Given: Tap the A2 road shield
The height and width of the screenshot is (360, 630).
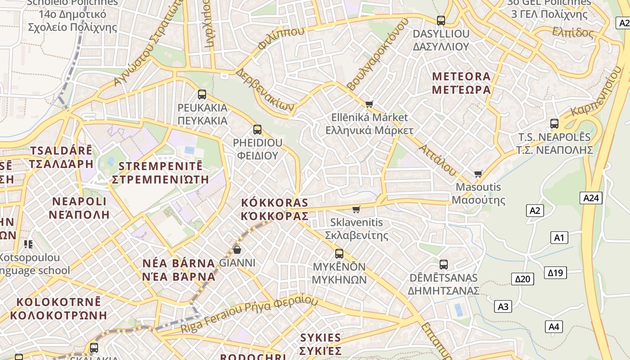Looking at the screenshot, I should tap(535, 210).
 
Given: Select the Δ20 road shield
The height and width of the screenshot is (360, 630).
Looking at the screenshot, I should tap(522, 279).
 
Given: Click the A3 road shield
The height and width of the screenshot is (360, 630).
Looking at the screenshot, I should tap(503, 307).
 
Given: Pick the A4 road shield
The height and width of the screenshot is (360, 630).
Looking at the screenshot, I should tap(554, 327).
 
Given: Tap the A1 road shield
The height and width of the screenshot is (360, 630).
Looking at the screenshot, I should tap(559, 237).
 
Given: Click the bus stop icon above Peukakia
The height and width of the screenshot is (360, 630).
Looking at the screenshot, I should tap(202, 94).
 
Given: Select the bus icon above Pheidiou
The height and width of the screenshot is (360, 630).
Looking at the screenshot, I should tap(257, 130).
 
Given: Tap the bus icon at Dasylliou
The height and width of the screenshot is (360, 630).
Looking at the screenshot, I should tap(441, 20).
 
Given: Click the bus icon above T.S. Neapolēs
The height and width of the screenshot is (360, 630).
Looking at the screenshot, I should tap(554, 124).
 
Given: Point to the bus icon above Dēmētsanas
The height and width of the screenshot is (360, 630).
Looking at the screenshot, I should tap(444, 264).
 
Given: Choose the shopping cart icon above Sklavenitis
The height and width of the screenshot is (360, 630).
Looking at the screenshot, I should tap(356, 209).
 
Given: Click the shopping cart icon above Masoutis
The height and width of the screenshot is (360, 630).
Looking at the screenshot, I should tap(478, 174).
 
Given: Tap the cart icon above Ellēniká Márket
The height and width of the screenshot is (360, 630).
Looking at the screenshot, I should tap(369, 104).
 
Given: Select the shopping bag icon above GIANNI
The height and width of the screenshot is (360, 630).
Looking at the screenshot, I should tap(237, 249).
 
